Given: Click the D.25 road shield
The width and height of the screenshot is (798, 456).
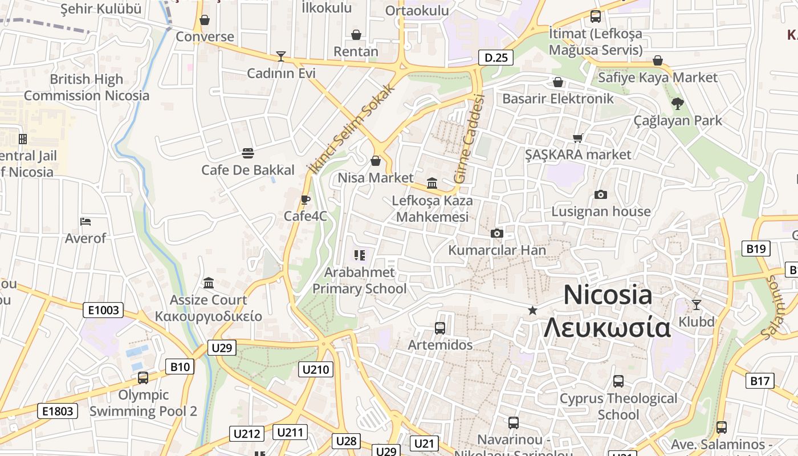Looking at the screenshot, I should coord(496,58).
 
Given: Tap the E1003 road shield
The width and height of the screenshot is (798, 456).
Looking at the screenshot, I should coord(104,310).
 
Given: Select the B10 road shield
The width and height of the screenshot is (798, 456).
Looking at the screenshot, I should coord(180,367).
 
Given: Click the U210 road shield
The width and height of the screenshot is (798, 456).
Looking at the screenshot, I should coord(316,369).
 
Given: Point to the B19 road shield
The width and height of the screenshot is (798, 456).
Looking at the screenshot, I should coord(756,249).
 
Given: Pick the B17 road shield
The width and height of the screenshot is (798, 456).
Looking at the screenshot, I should coord(760,381).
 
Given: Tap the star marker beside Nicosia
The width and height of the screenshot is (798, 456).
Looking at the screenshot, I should coord(532,310).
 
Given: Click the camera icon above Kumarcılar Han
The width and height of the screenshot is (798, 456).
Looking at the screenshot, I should coord(497,233).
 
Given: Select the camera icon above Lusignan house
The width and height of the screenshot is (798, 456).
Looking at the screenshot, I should coord(600,195).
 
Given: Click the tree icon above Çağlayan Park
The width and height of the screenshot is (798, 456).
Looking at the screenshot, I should coord(677,104).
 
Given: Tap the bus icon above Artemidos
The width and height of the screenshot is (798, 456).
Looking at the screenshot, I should coord(439,328).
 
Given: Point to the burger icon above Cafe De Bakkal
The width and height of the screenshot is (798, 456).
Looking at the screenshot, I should coord(247,153).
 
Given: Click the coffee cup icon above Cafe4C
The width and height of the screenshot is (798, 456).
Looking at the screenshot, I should coord(305,199).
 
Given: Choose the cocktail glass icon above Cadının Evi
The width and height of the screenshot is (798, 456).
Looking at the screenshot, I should coord(280,56).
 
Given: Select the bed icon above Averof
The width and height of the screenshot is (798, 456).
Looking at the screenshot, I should coord(85,221).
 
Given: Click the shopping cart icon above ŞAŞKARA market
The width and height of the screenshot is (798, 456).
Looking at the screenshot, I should coord(577,138).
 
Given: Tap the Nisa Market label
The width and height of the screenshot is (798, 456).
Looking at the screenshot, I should coord(376,178).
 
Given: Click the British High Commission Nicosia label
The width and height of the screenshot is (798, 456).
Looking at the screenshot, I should coord(86,87).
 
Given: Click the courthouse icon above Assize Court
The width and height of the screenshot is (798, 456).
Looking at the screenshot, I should coord(209,283).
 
